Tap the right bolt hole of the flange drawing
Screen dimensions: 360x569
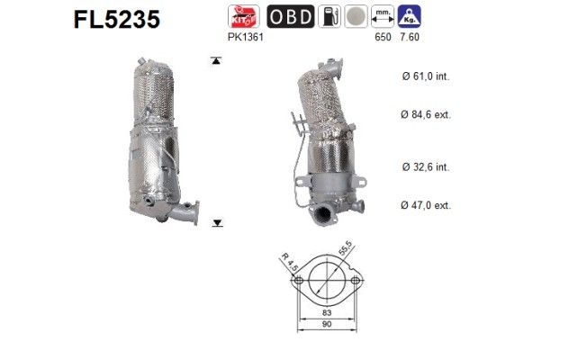[x=356, y=282]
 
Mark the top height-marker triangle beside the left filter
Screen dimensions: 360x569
[x=216, y=61]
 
